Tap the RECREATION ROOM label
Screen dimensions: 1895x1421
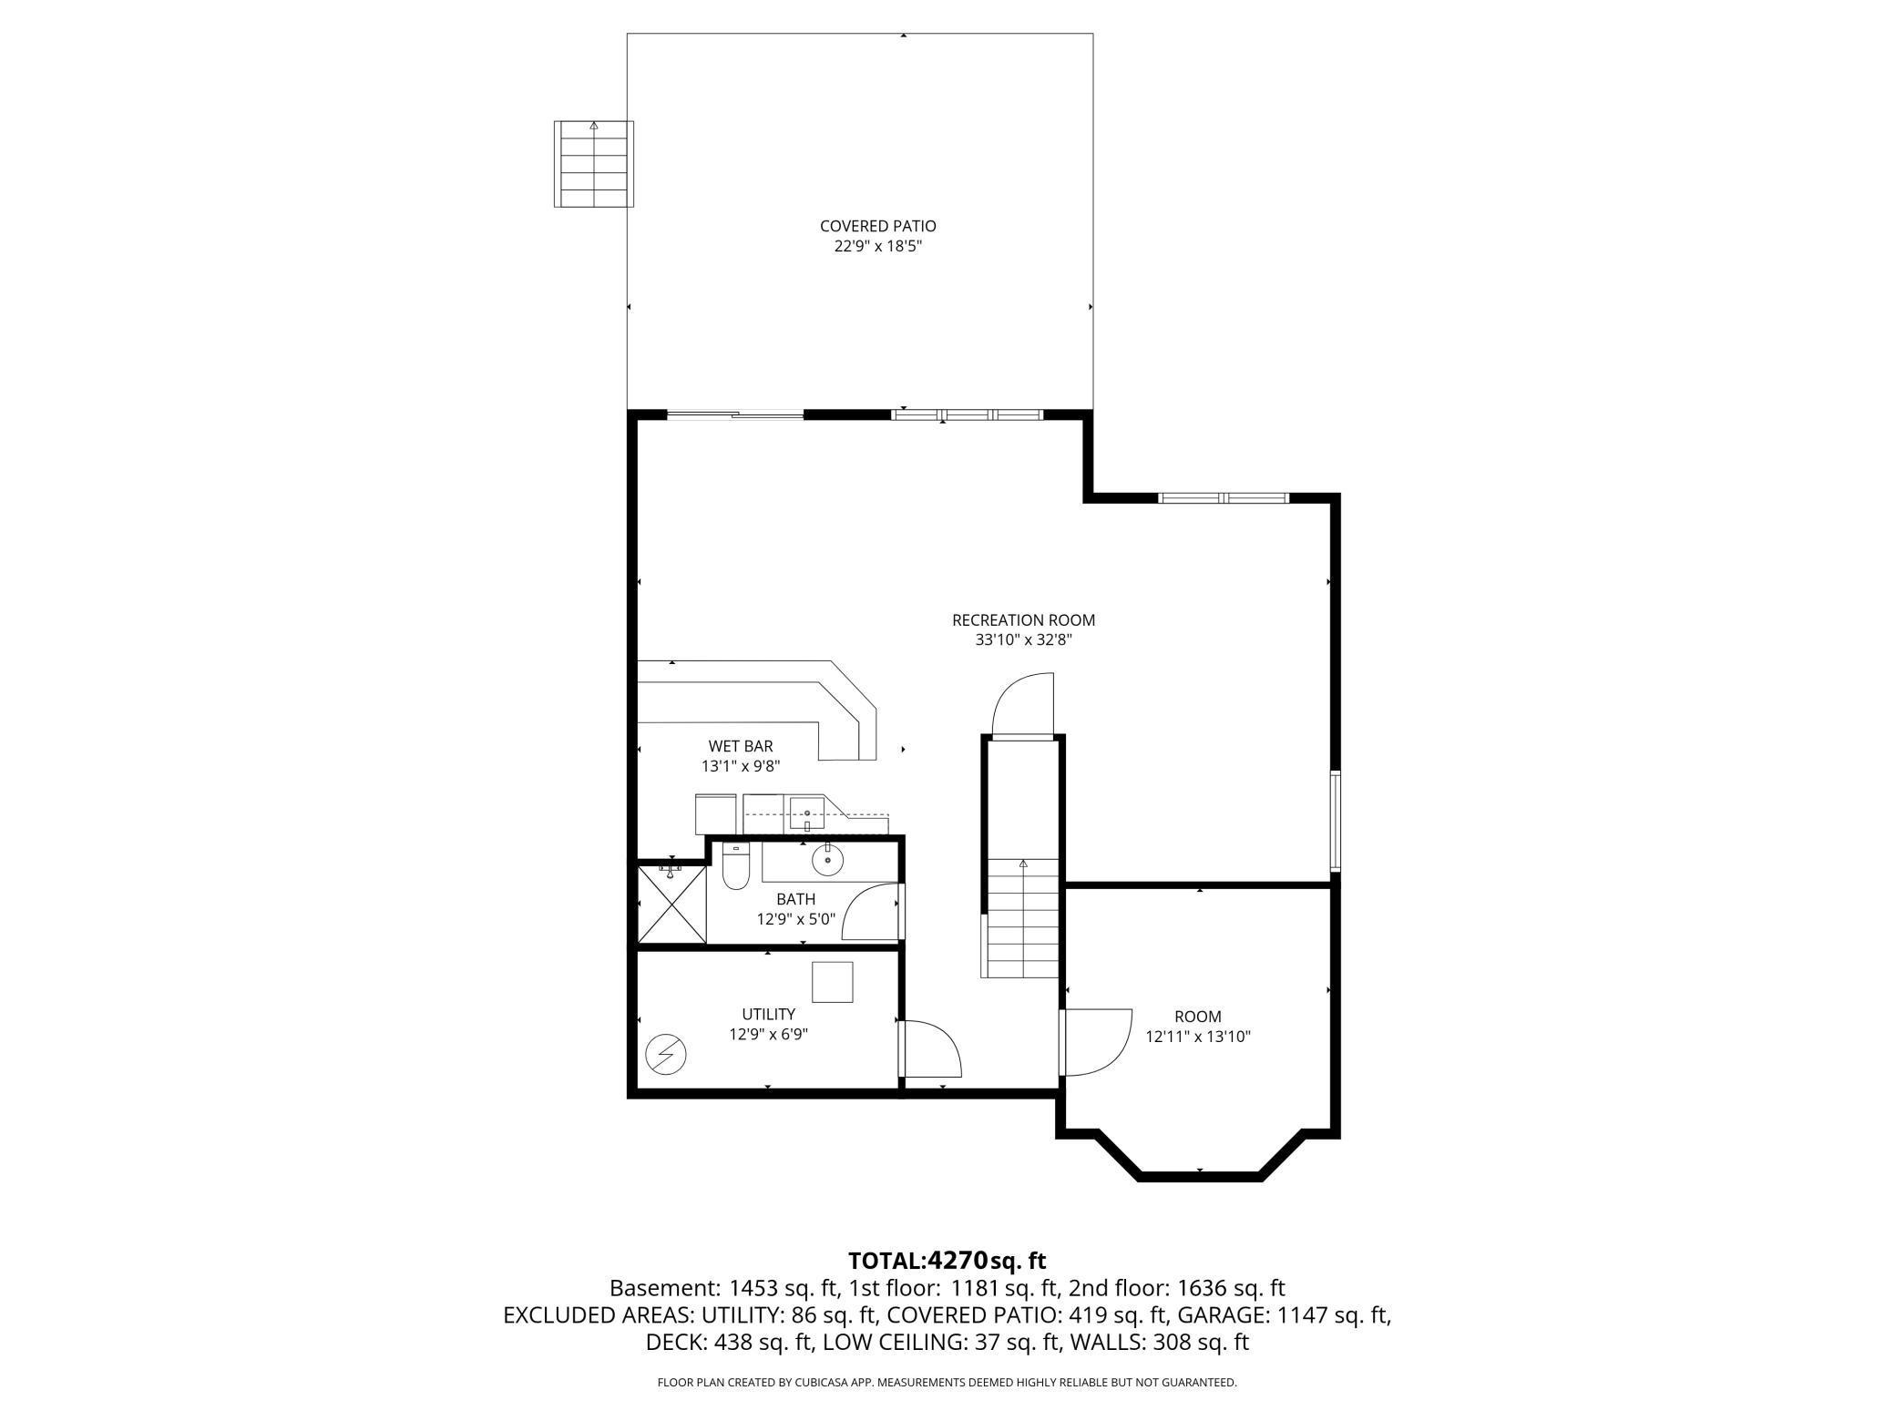1023,620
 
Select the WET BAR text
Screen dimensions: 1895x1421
741,746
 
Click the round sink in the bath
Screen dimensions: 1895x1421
827,859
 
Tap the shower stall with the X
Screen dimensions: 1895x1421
672,905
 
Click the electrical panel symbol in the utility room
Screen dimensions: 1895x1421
666,1054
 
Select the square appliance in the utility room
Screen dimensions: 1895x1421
833,982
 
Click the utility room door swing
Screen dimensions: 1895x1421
930,1048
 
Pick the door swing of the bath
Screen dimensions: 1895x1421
872,911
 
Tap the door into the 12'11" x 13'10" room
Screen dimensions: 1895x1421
1095,1041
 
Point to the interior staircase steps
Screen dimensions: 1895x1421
1021,918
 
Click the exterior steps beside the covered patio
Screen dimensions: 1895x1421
594,164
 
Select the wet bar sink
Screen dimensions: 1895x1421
807,813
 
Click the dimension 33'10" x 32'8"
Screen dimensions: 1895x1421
1023,640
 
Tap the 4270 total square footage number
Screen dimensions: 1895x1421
957,1260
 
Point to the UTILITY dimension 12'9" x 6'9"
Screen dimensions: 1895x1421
768,1034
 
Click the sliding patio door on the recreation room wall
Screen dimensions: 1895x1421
735,415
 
